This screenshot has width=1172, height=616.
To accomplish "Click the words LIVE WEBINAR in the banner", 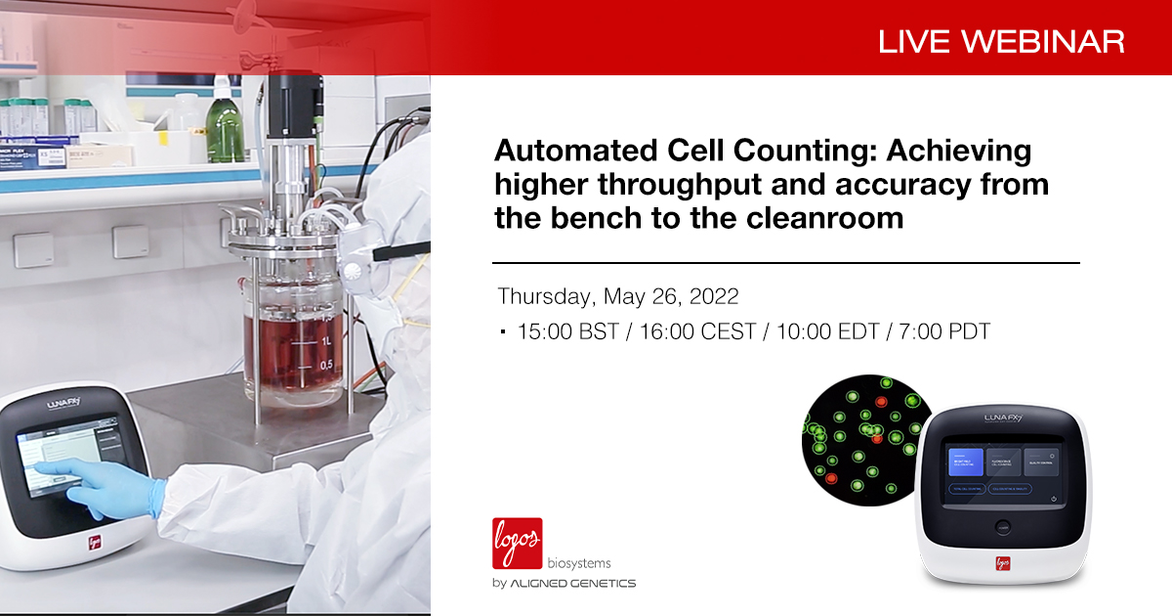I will pyautogui.click(x=1001, y=41).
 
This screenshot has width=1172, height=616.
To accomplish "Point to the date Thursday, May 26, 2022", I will pyautogui.click(x=618, y=296).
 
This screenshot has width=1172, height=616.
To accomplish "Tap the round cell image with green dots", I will pyautogui.click(x=859, y=435).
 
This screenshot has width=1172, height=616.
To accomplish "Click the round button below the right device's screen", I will pyautogui.click(x=1002, y=526).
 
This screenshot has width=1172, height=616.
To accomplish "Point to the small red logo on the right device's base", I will pyautogui.click(x=1003, y=564).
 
